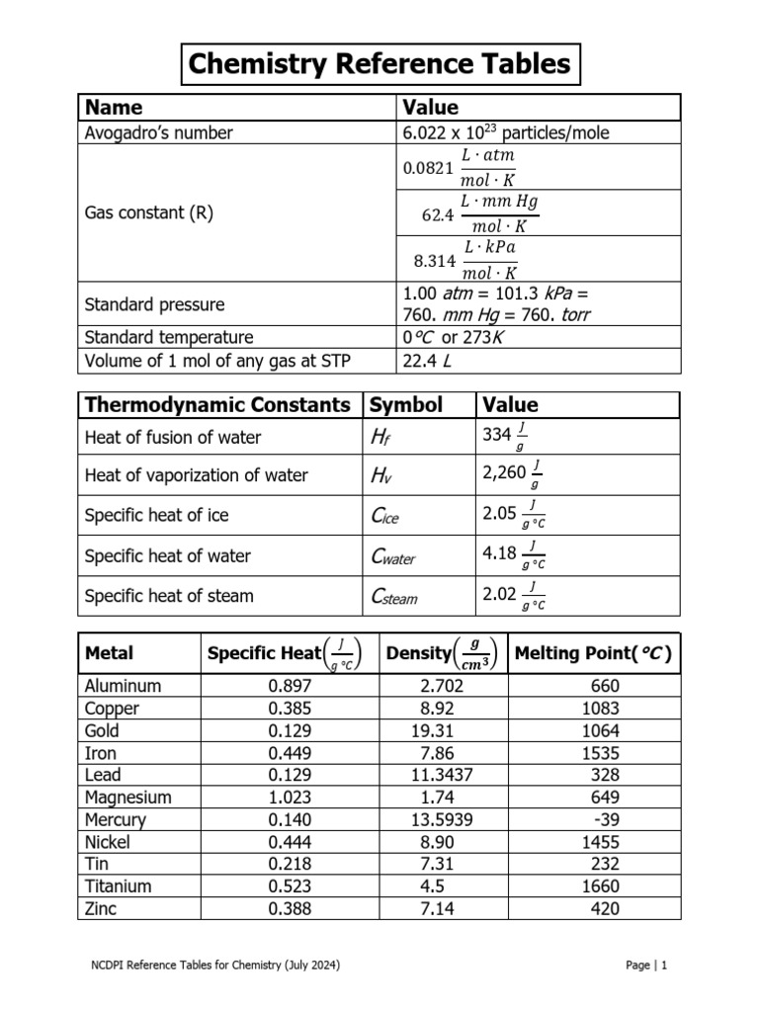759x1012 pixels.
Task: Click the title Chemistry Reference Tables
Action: pos(379,65)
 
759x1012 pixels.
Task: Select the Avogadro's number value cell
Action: pos(504,132)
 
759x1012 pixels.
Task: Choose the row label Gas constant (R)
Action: pos(149,213)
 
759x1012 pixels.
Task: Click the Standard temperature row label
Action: pos(169,337)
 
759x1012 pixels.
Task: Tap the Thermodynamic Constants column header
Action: pos(217,405)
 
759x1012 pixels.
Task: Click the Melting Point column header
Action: pos(593,653)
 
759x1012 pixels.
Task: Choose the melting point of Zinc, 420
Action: pos(605,908)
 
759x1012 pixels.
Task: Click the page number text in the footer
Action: pos(647,966)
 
